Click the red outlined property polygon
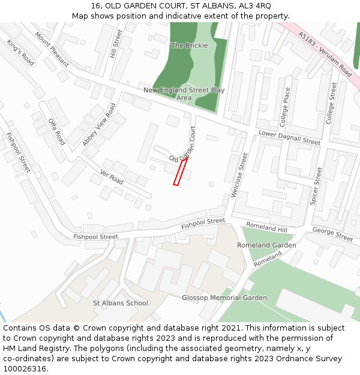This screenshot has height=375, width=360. coord(181,171)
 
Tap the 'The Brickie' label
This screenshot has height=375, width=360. coord(190,46)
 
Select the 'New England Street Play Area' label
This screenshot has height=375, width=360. coord(184,94)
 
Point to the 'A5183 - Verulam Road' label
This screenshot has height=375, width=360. coord(325,54)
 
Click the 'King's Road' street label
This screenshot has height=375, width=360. coord(21,52)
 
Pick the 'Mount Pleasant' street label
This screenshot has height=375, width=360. coord(51,48)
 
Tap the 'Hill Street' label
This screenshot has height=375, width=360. coord(116,43)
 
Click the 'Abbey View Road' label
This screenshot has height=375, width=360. coord(99,125)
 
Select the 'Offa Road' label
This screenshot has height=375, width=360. coord(56,131)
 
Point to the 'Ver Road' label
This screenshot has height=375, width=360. coord(112,178)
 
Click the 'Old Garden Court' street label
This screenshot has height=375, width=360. coord(184,145)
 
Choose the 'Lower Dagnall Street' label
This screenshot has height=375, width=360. coord(290,137)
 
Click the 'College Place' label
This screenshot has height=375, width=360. coord(286,107)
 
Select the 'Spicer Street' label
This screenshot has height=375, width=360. coord(316,187)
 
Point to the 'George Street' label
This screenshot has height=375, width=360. coord(332,235)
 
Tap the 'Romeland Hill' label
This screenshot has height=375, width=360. coord(267,227)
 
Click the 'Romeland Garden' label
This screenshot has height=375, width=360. coord(266,245)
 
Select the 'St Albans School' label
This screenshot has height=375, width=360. coord(120,303)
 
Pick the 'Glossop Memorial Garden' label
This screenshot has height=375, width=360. coord(224,298)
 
